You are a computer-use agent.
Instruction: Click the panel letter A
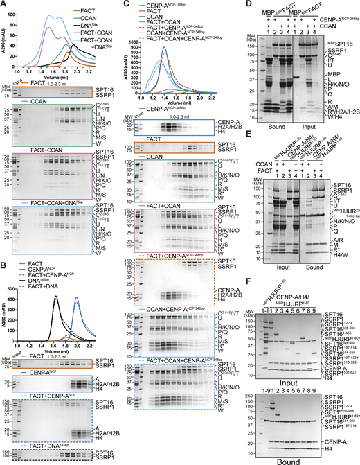[x=4, y=4]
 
